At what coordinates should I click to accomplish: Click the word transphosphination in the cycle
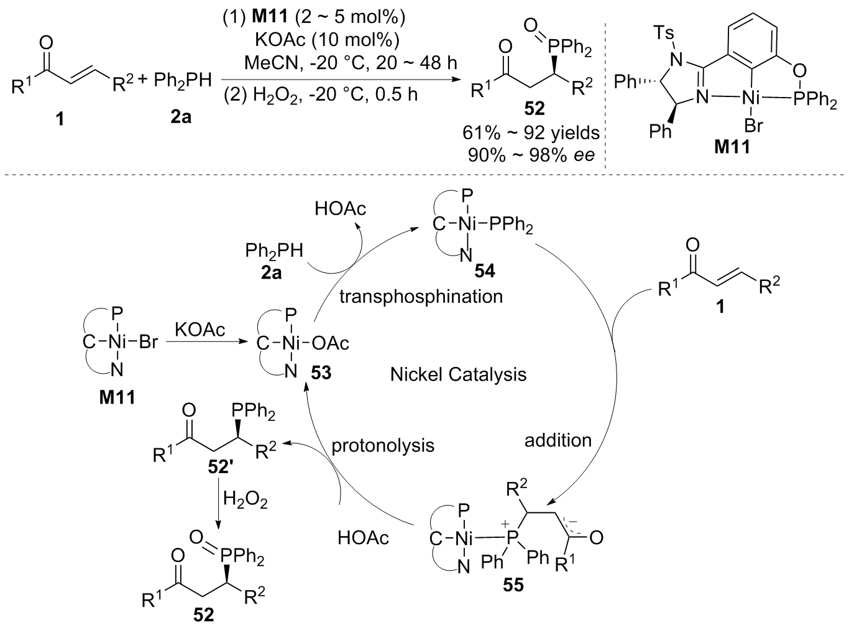click(x=421, y=296)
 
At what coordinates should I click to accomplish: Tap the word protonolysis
click(x=382, y=445)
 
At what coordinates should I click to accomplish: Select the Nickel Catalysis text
click(x=458, y=374)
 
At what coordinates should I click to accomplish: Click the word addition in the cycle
click(x=558, y=440)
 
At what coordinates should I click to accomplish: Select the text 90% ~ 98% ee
click(x=531, y=154)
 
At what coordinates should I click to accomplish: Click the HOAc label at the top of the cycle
click(x=340, y=208)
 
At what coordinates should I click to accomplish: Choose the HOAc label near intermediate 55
click(x=364, y=537)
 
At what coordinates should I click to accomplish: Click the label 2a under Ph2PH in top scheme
click(x=179, y=116)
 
